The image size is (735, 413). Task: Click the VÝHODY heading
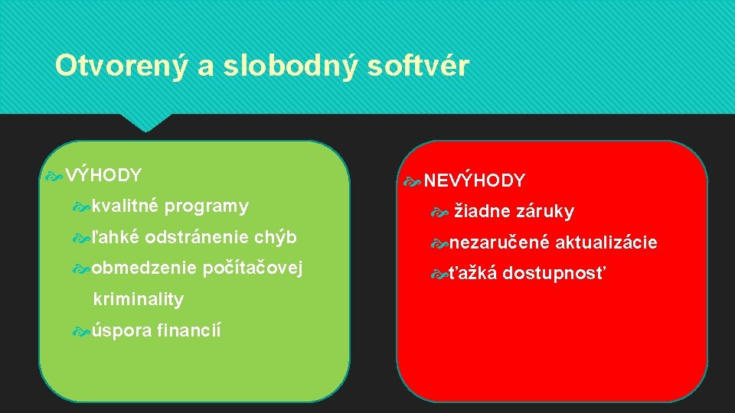point(103,175)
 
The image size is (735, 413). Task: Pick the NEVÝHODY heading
point(475,181)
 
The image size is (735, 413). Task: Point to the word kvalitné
point(125,206)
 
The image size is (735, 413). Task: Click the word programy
point(207,206)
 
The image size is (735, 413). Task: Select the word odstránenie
point(198,237)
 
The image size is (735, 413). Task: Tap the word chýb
point(276,237)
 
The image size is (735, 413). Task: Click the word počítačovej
point(253,268)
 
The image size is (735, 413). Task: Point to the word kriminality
point(138,300)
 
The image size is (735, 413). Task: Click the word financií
point(188,331)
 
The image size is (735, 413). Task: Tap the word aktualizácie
point(606,243)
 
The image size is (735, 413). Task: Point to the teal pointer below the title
point(146,122)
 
